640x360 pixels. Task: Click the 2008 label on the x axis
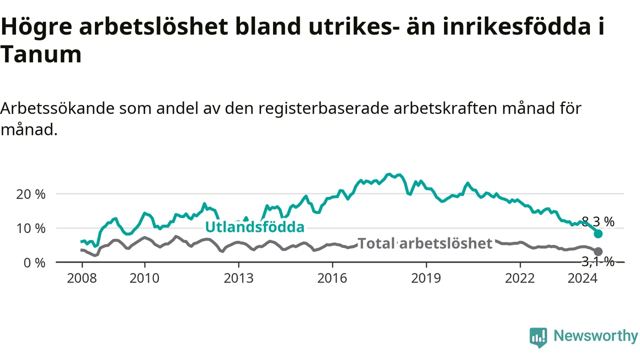tap(82, 278)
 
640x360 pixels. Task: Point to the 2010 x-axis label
tap(144, 278)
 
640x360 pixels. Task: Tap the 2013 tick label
tap(238, 278)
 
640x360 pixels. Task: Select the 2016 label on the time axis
tap(332, 278)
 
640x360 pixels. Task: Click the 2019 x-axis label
tap(426, 278)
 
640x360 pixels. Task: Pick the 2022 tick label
tap(520, 278)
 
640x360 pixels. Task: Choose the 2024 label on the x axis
tap(582, 278)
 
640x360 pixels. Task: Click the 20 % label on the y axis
tap(31, 194)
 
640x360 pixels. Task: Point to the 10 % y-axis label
tap(31, 228)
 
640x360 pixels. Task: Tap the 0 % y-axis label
tap(34, 263)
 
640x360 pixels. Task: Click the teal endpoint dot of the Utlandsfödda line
tap(598, 233)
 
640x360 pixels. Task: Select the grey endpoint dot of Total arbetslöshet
tap(598, 251)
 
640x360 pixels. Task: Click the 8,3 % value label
tap(598, 221)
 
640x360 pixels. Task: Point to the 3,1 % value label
tap(598, 261)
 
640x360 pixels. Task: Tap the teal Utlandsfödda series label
tap(255, 227)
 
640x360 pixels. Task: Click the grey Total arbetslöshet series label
tap(425, 243)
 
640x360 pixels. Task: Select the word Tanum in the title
tap(41, 54)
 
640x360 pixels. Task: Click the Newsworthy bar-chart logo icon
tap(538, 337)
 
